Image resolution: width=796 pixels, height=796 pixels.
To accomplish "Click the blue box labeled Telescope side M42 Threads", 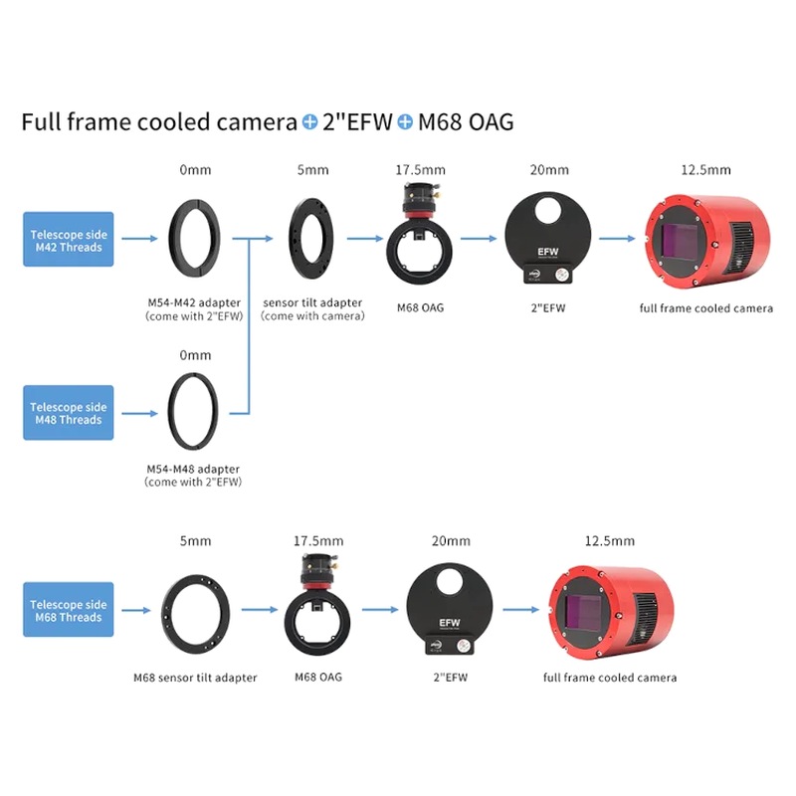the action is (x=69, y=239).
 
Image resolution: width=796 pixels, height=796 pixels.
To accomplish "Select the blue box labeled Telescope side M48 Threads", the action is (x=69, y=413).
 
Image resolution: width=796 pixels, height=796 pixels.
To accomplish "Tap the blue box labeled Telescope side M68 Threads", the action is (x=69, y=610).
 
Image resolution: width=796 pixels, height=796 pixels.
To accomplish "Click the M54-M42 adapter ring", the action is (x=172, y=239).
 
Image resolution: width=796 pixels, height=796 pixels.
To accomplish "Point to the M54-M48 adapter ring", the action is (x=171, y=412).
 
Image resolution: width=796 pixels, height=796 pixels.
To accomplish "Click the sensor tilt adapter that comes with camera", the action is (x=294, y=239).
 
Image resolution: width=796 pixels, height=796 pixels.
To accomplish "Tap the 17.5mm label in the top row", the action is (x=420, y=169).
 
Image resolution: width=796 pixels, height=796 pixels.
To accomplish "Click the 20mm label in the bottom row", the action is (x=451, y=540).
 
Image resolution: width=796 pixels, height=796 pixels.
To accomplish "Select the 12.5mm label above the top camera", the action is (x=705, y=169).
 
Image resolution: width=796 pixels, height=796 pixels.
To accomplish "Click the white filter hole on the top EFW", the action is (x=547, y=210).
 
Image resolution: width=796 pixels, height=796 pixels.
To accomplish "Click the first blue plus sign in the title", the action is (x=309, y=121).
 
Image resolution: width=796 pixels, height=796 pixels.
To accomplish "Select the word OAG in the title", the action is (x=491, y=121).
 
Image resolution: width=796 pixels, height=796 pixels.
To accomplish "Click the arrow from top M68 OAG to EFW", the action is (x=479, y=239).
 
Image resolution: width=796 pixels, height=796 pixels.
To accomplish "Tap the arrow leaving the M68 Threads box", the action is (x=136, y=610).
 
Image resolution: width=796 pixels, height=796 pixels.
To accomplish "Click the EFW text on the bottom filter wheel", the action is (x=450, y=623).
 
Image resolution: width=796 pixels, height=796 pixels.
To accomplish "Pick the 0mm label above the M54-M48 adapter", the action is (x=195, y=355).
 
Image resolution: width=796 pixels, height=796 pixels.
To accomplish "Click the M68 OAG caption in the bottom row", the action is (x=318, y=677).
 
